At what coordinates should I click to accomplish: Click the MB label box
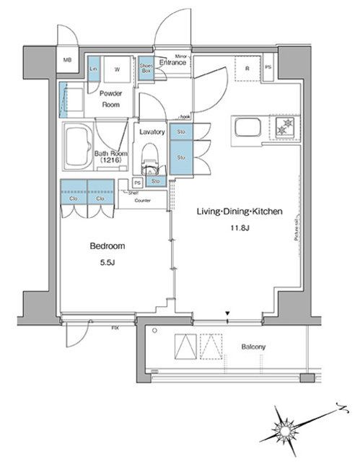[67, 61]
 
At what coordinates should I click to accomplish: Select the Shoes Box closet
[145, 66]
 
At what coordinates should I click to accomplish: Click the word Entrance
[173, 63]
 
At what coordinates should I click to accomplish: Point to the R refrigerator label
[247, 69]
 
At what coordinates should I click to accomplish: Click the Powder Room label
[110, 99]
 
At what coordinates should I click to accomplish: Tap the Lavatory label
[152, 132]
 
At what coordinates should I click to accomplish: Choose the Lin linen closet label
[94, 69]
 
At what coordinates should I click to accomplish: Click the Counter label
[141, 200]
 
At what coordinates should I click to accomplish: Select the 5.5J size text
[106, 263]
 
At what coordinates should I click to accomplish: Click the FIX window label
[115, 328]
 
